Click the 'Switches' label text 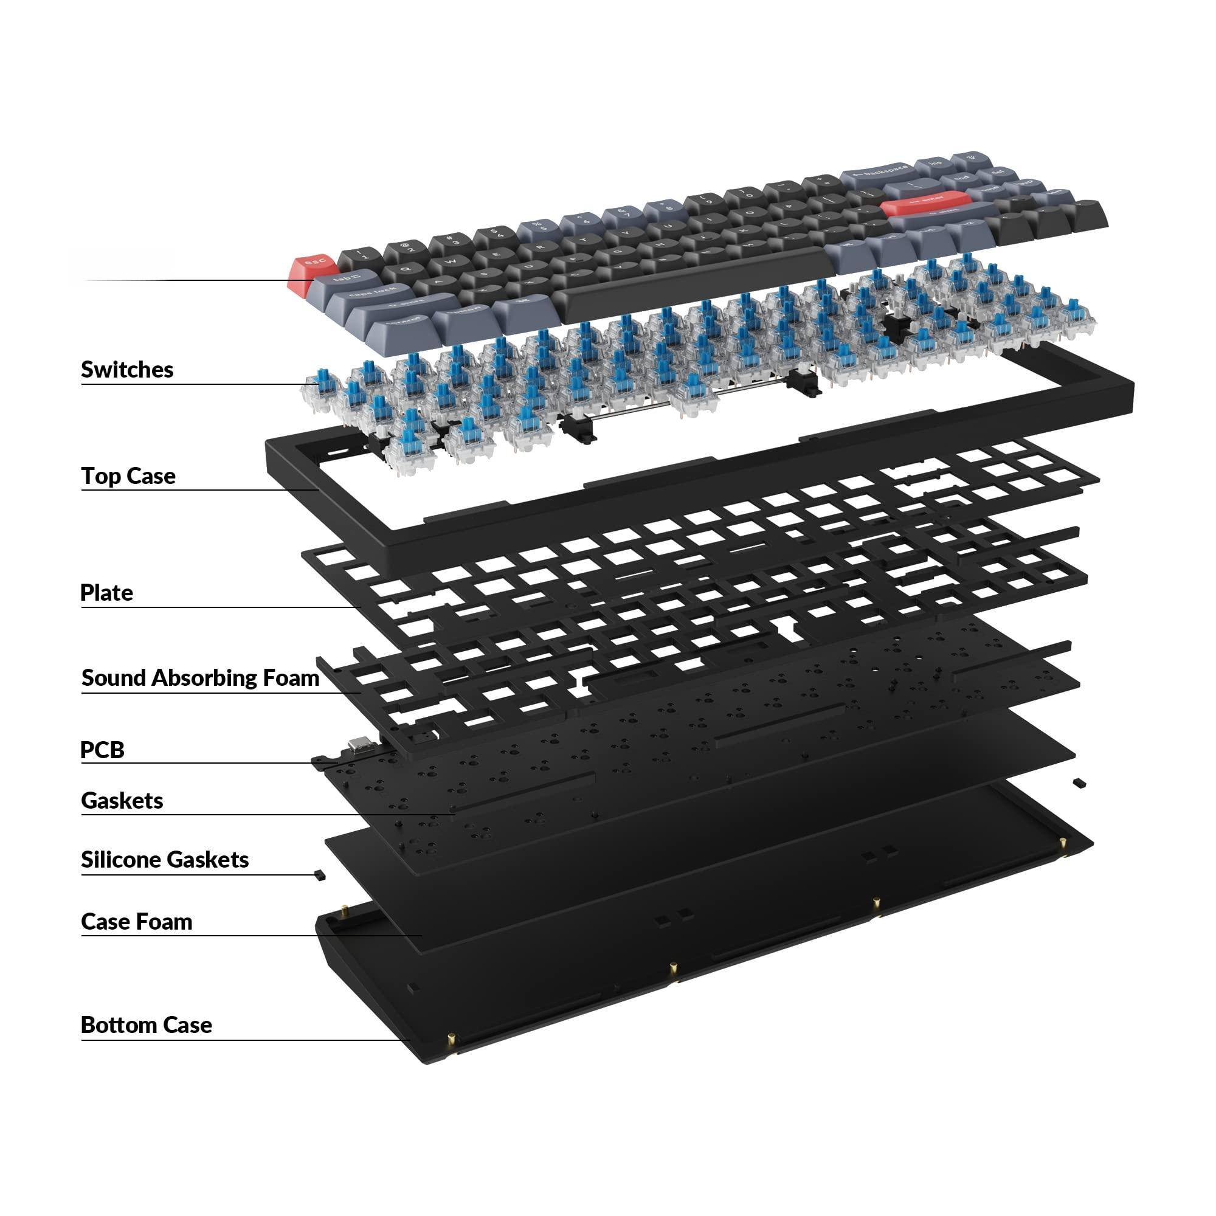pyautogui.click(x=127, y=370)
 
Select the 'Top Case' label pyautogui.click(x=128, y=476)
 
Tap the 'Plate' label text pyautogui.click(x=107, y=592)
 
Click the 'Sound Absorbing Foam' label pyautogui.click(x=200, y=678)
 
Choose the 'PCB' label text pyautogui.click(x=103, y=750)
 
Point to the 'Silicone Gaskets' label pyautogui.click(x=165, y=859)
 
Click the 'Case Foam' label pyautogui.click(x=137, y=922)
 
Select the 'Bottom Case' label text pyautogui.click(x=146, y=1024)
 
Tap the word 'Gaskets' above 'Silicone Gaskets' pyautogui.click(x=122, y=801)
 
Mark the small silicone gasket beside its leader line pyautogui.click(x=319, y=876)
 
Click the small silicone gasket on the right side pyautogui.click(x=1079, y=782)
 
